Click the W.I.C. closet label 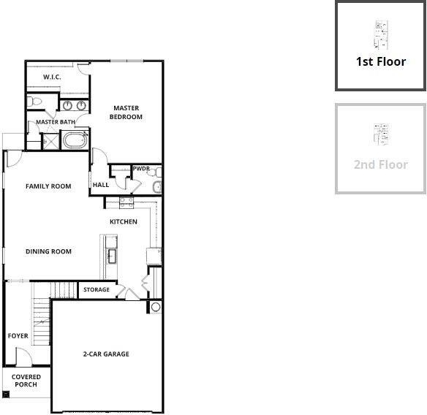coord(52,77)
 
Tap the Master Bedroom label coord(126,113)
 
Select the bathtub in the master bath coord(75,140)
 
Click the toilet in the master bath coord(34,102)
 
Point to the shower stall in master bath coord(51,141)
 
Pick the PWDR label coord(141,169)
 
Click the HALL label coord(101,185)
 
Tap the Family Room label coord(48,186)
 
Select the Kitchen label coord(124,221)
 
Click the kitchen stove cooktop coord(126,202)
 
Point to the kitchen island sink coord(112,256)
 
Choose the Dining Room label coord(48,251)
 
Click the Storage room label coord(97,289)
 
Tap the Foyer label coord(18,336)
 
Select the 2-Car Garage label coord(106,354)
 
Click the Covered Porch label coord(26,381)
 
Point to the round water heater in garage coord(156,307)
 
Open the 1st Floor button coord(381,45)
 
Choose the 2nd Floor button coord(381,148)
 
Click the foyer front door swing coord(24,357)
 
